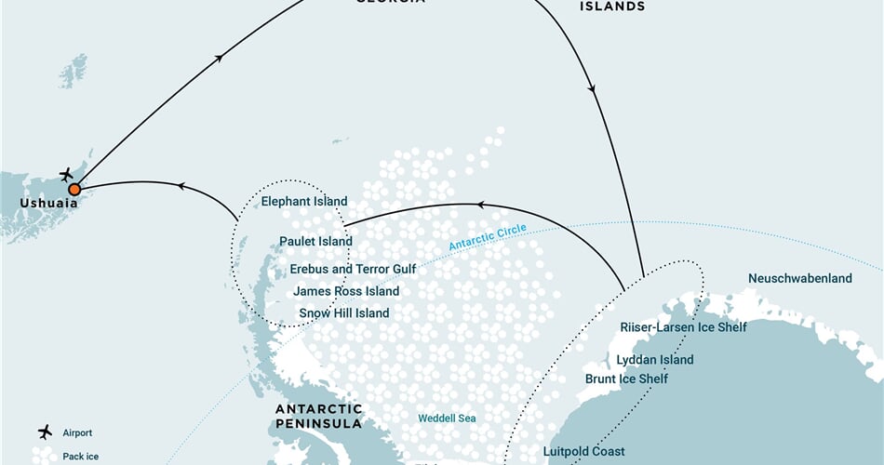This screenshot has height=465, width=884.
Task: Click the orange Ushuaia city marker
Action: point(74,189)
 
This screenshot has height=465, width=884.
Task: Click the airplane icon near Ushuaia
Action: point(66,174)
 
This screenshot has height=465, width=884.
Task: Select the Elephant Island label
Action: point(304,201)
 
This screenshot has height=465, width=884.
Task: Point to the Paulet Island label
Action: point(315,242)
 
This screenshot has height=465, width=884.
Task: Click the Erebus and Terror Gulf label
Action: point(353,269)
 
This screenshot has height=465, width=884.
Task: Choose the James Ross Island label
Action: point(346,291)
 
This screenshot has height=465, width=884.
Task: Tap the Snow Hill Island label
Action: point(344,313)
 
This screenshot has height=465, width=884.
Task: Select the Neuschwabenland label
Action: point(799,278)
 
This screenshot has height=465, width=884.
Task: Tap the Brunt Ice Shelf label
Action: point(626,379)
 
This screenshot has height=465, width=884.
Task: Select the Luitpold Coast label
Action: point(584,451)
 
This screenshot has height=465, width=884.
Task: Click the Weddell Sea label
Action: point(447,418)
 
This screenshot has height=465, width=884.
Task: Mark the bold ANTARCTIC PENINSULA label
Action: point(319,416)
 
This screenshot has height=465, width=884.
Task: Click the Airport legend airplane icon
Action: point(44,432)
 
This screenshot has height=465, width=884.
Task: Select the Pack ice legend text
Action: point(81,457)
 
